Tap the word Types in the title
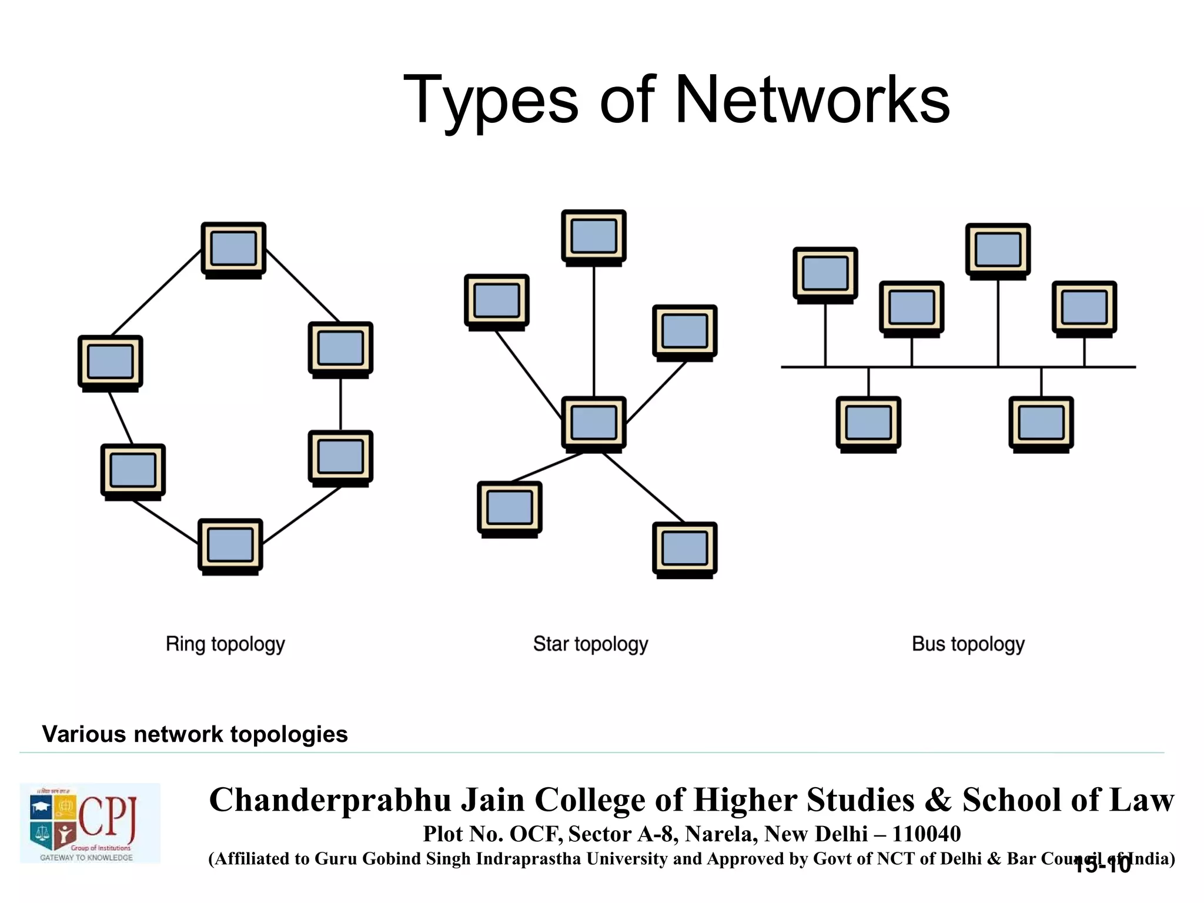(x=491, y=100)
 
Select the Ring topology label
(x=225, y=644)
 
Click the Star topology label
(x=590, y=644)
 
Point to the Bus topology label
(x=968, y=644)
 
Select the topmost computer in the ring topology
(x=233, y=249)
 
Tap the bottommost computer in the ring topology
(x=230, y=546)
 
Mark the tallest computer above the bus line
(x=998, y=250)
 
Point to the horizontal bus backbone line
(x=952, y=367)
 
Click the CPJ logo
(x=90, y=823)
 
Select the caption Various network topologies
(x=195, y=734)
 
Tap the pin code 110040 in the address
(x=926, y=834)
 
